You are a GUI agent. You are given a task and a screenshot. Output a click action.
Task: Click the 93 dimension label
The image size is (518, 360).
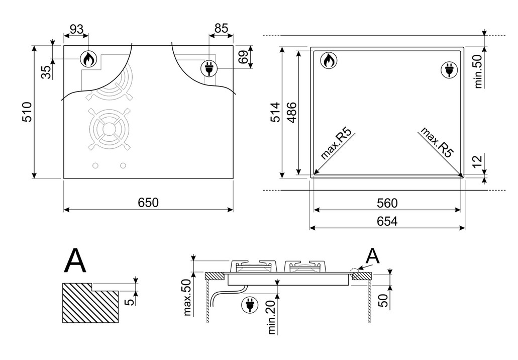coord(76,30)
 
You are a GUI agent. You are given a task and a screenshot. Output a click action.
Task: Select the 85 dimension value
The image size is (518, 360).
coord(221,29)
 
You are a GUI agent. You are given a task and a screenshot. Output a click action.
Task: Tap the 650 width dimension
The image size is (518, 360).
coord(148,202)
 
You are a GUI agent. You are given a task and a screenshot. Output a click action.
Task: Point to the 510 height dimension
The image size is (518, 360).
coord(28,112)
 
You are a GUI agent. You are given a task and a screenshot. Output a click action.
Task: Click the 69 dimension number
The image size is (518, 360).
coord(243,57)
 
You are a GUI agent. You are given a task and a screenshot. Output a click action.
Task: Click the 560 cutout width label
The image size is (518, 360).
coord(387,203)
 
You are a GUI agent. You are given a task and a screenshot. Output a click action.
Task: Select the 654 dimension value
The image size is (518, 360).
coord(387,221)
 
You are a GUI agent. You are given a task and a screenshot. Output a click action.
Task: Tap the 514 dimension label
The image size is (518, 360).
coord(275,113)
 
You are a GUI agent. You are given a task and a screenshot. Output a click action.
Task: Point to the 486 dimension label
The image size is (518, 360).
coord(291,113)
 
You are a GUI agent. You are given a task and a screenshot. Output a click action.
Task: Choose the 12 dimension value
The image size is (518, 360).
coord(477,161)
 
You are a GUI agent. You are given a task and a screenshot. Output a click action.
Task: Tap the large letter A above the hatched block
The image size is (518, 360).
coord(76,260)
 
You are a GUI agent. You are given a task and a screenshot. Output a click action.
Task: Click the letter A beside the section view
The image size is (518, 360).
coord(373,256)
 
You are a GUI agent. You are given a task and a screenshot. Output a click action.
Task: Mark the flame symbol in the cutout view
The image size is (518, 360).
coord(329,60)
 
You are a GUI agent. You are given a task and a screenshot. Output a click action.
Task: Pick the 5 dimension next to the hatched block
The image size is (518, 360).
coord(131,301)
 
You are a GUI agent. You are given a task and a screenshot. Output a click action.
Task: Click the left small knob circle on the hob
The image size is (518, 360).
coord(95,165)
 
